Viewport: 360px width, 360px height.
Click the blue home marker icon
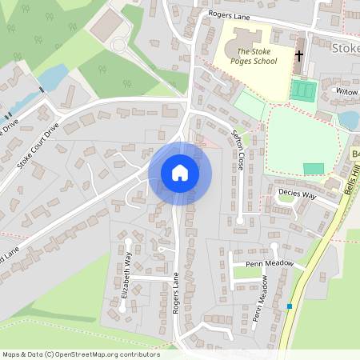tap(180, 173)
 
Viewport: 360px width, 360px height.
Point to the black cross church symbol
tap(300, 56)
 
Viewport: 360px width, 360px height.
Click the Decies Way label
tap(297, 194)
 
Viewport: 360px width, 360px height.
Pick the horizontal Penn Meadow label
tap(269, 262)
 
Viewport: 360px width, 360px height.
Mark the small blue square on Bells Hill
tap(290, 306)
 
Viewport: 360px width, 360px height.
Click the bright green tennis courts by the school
tap(303, 90)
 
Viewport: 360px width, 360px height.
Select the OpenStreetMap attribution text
tap(80, 354)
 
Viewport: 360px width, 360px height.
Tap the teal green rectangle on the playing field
tap(314, 169)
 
